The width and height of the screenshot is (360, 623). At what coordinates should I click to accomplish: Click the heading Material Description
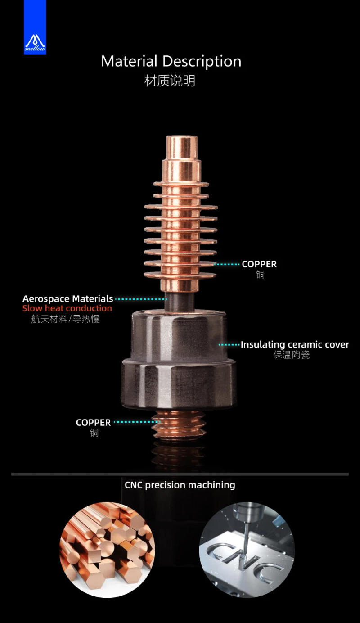pos(171,61)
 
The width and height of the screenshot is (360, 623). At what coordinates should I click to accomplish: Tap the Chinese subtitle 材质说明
pos(170,81)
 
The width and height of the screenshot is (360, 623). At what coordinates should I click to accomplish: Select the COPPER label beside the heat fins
pos(259,264)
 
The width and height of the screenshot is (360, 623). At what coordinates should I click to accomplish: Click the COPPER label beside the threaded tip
pos(93,422)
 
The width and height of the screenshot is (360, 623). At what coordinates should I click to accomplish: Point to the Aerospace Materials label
pos(67,298)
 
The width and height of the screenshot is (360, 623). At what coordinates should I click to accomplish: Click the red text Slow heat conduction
pos(67,308)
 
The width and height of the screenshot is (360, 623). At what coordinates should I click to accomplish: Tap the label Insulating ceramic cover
pos(295,345)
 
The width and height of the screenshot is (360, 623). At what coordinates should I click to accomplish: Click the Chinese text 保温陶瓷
pos(292,355)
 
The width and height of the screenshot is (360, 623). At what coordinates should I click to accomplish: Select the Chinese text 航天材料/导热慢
pos(66,319)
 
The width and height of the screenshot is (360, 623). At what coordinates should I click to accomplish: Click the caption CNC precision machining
pos(180,485)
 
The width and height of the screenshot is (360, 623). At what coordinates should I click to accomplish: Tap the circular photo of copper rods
pos(107,550)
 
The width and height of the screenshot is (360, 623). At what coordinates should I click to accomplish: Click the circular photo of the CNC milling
pos(247,550)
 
